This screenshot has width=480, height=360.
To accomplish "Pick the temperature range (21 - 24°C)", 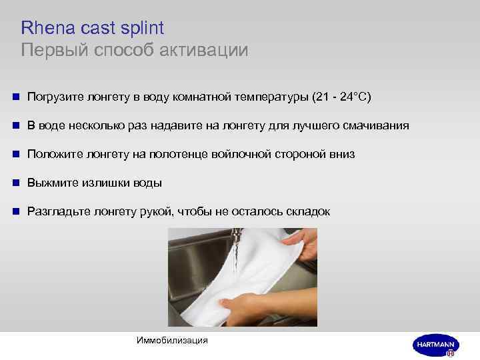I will click(341, 97).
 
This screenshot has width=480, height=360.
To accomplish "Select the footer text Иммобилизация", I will click(171, 341).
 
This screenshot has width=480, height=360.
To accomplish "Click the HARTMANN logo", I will click(435, 344).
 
